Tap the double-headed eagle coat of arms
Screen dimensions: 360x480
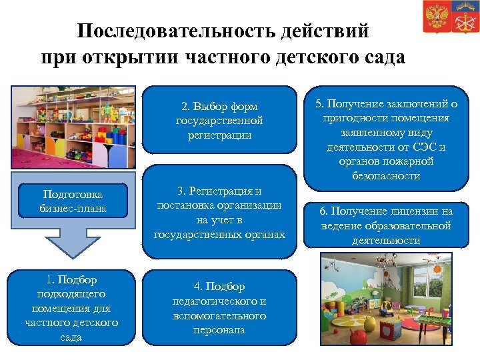tap(436, 17)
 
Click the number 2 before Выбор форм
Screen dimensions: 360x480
tap(185, 107)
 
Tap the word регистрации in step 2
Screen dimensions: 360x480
tap(219, 135)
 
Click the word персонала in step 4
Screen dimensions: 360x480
tap(219, 330)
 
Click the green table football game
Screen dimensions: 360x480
tap(427, 329)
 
